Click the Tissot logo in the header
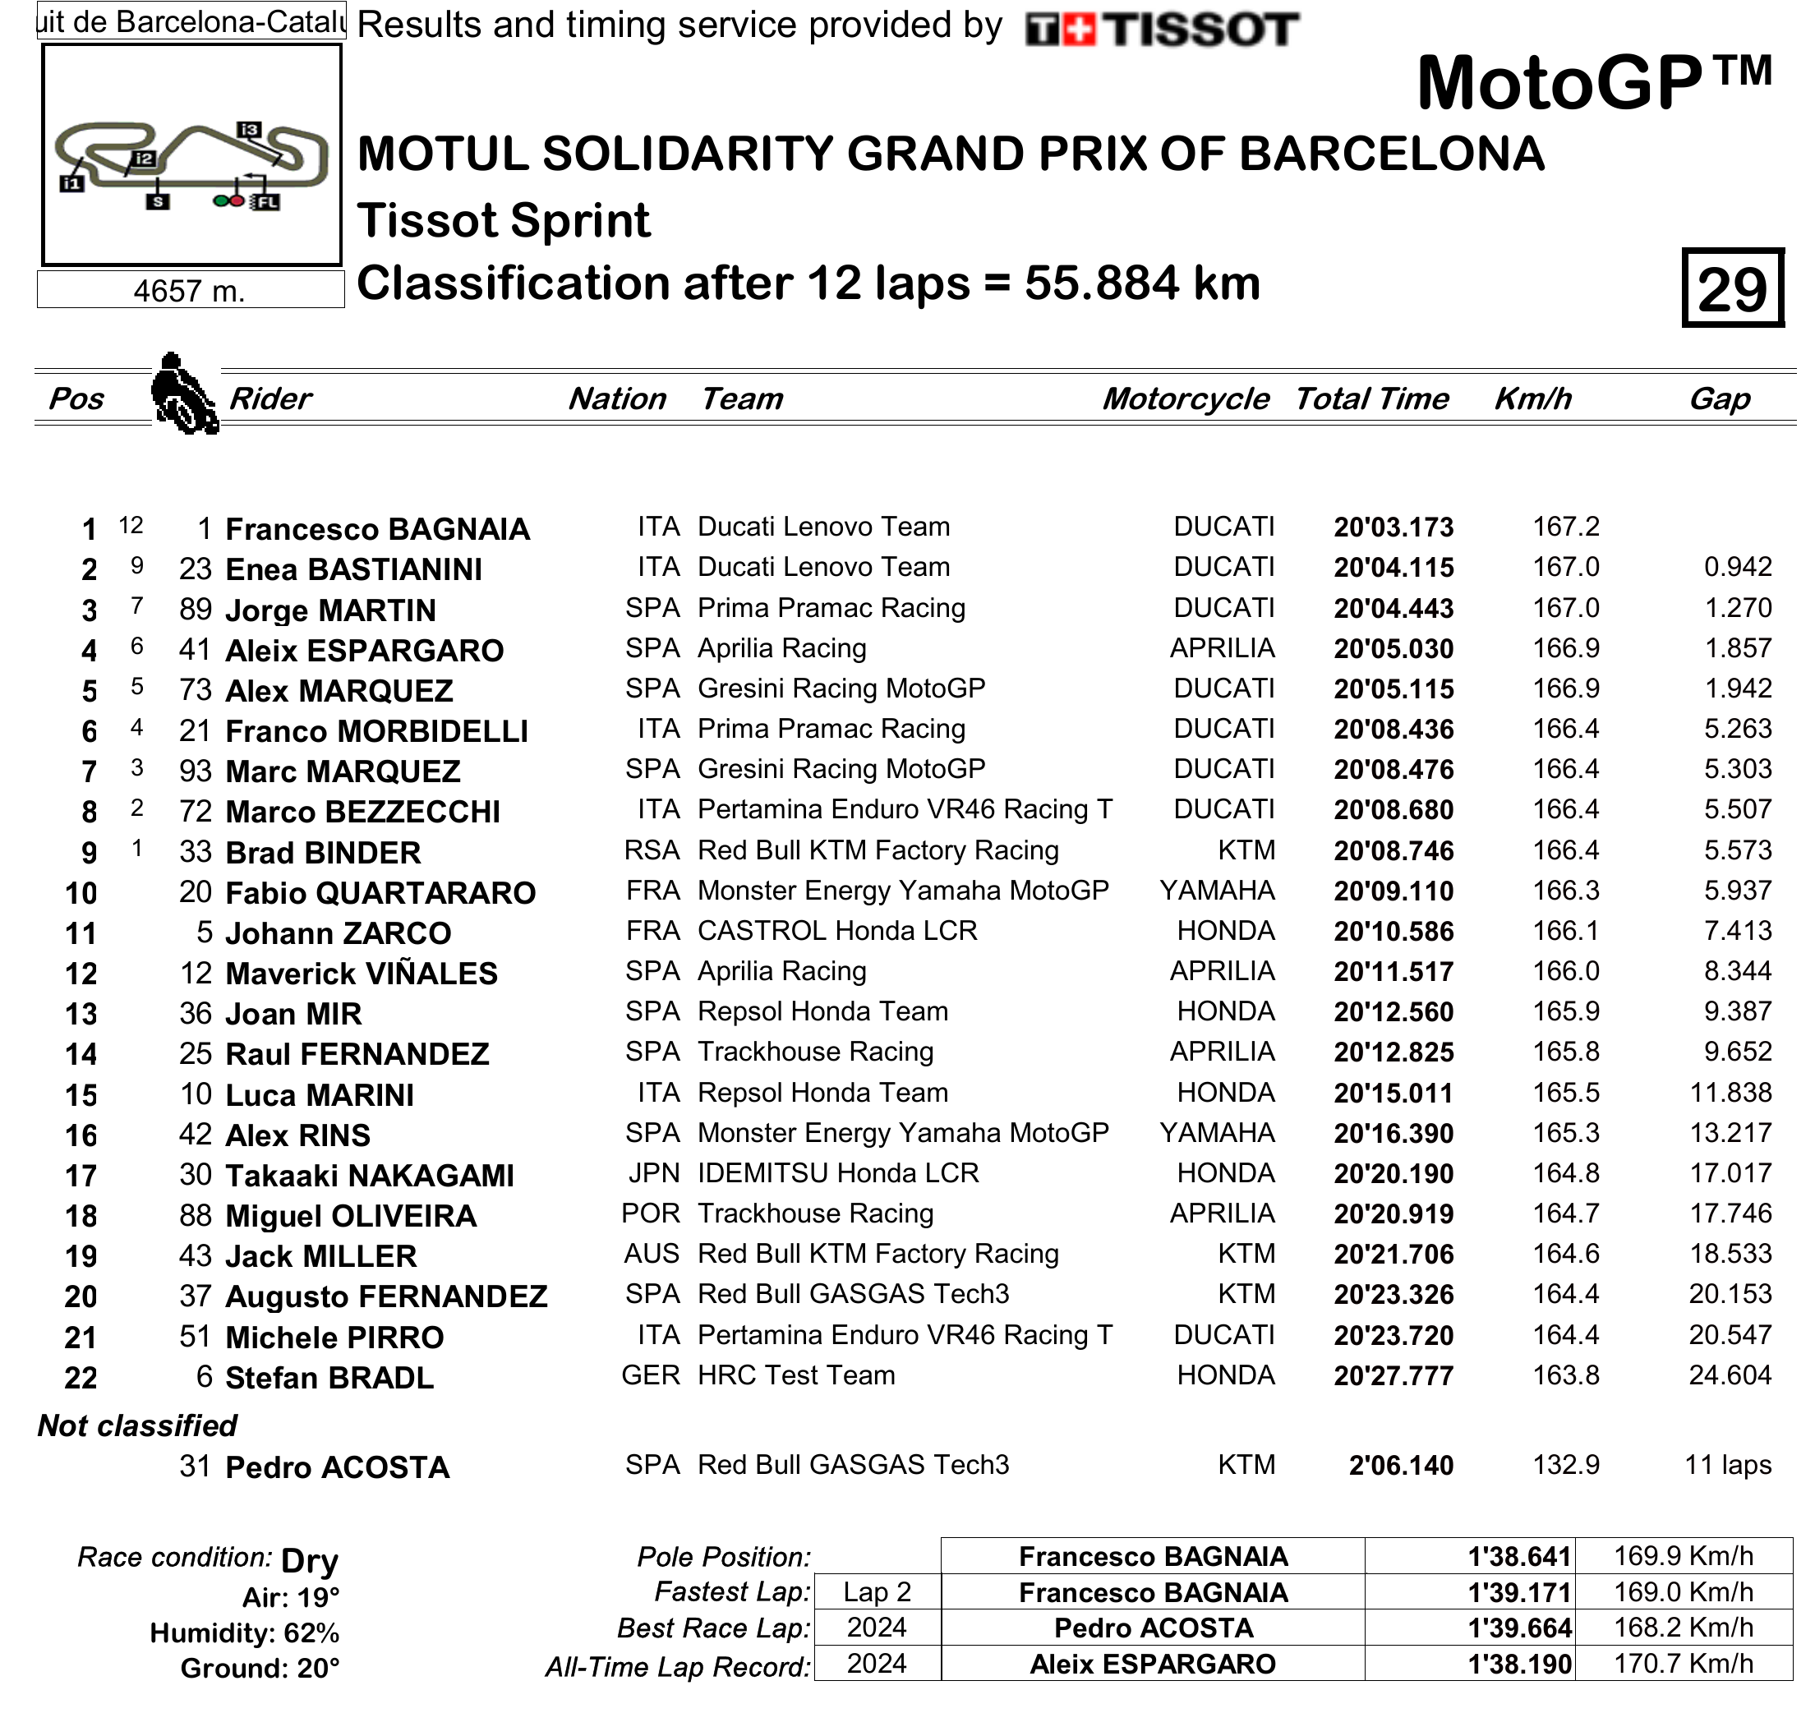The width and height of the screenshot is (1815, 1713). [1161, 30]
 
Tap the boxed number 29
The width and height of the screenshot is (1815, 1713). [1732, 288]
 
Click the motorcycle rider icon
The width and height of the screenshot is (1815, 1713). [184, 394]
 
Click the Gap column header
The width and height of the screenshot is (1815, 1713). [1719, 399]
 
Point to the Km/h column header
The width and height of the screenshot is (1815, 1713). [1533, 399]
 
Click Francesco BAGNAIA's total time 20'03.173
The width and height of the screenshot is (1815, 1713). [1393, 527]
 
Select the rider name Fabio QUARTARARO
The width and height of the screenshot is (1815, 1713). [380, 893]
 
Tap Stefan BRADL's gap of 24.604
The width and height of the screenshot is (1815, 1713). [1730, 1375]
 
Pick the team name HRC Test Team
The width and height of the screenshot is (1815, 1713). [796, 1375]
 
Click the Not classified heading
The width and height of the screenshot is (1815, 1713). [137, 1425]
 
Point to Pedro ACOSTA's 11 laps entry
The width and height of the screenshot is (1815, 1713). [1727, 1465]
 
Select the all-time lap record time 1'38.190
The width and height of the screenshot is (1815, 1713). [1519, 1664]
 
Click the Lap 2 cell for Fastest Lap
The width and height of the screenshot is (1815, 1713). [877, 1592]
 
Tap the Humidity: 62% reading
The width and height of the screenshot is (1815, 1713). [245, 1632]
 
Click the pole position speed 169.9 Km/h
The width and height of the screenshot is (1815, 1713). [1683, 1556]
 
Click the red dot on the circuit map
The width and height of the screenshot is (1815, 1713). [237, 201]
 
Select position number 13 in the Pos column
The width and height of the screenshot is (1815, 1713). [81, 1014]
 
